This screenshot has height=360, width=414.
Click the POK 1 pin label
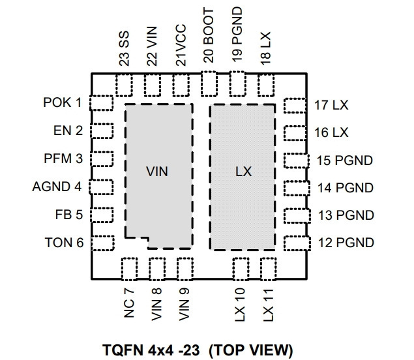click(63, 102)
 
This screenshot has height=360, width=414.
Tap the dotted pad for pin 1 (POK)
click(102, 103)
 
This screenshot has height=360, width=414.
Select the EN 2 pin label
click(68, 130)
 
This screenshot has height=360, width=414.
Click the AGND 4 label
click(57, 187)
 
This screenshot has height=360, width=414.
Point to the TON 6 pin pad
click(103, 243)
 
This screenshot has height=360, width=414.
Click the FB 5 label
click(69, 215)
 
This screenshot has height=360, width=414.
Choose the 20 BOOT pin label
click(209, 36)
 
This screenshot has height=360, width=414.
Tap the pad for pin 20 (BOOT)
click(209, 84)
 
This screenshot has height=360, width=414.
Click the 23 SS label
click(124, 49)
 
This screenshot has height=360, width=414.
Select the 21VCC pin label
click(181, 45)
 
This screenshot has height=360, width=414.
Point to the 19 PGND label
click(237, 35)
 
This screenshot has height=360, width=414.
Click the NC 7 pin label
click(129, 303)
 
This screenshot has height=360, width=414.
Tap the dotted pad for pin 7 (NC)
click(129, 269)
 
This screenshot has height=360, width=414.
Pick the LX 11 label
click(268, 305)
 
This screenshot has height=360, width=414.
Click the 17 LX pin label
click(331, 105)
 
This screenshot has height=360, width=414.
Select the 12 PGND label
click(346, 243)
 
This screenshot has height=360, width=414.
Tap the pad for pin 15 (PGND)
click(297, 160)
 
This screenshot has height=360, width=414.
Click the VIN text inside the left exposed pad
click(157, 172)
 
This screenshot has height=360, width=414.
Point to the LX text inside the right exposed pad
click(243, 172)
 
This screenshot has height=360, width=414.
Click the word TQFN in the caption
click(123, 350)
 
